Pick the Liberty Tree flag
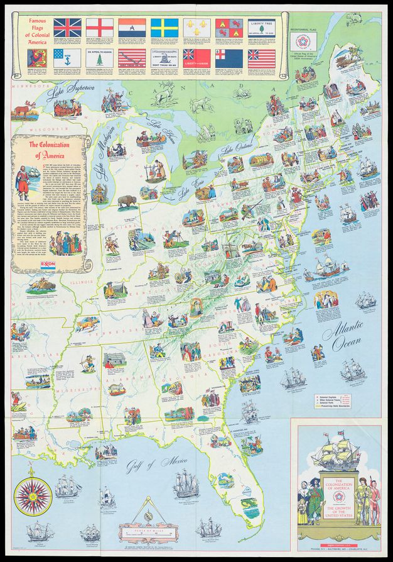pos(263,26)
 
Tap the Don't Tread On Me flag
pos(166,58)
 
